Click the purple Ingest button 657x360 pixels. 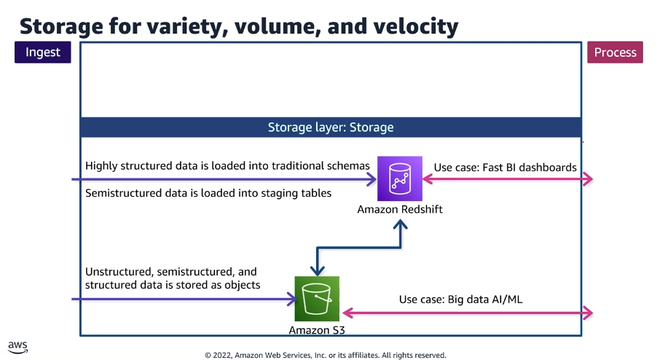point(43,52)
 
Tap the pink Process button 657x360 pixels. point(615,52)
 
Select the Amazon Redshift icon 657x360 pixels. point(400,179)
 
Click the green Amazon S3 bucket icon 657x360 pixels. point(317,298)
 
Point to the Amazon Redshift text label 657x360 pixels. point(400,210)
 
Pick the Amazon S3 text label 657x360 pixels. point(317,330)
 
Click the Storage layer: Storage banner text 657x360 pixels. point(331,128)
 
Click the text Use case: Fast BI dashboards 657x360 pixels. point(505,168)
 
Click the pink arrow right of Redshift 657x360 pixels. point(510,179)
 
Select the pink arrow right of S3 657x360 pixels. point(466,313)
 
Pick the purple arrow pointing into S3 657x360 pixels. point(182,299)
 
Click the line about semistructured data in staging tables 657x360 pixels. point(208,193)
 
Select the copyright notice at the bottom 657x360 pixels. point(325,355)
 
